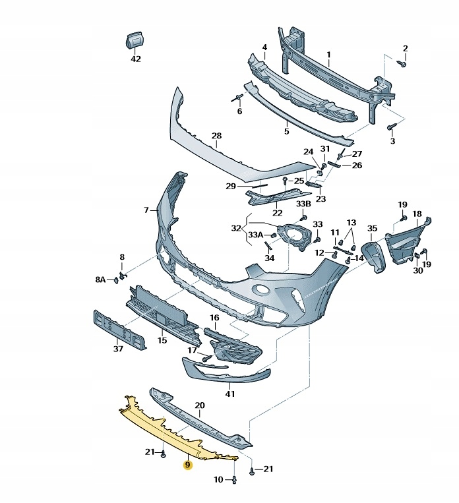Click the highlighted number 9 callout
click(x=188, y=465)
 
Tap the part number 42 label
click(x=136, y=59)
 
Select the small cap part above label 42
click(x=135, y=40)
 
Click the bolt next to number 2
click(x=402, y=63)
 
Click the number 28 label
click(x=216, y=136)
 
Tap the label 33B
click(x=303, y=204)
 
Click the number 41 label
click(x=229, y=394)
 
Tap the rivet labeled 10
click(x=235, y=480)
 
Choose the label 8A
click(x=100, y=280)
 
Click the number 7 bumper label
click(x=146, y=210)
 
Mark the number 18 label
click(x=416, y=214)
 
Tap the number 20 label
click(x=200, y=405)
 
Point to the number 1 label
click(x=328, y=55)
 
